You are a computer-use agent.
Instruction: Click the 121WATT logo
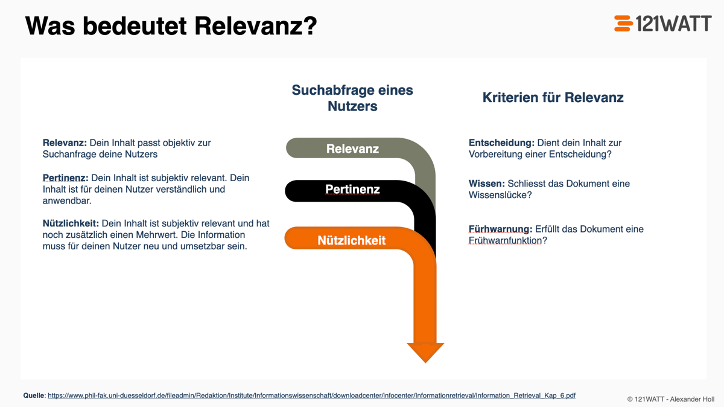point(662,23)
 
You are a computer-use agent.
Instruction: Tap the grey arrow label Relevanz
point(352,149)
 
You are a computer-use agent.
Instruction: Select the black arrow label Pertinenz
point(352,190)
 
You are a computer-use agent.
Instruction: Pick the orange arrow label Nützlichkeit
point(351,240)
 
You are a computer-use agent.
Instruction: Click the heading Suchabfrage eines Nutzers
point(352,98)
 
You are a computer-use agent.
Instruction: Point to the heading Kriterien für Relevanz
point(553,97)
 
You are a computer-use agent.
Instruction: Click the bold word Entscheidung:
point(501,143)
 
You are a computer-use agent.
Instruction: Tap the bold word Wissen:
point(486,184)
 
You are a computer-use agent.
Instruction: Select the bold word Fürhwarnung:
point(500,229)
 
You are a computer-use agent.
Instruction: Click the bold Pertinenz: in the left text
point(65,178)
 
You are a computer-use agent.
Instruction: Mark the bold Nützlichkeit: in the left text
point(71,223)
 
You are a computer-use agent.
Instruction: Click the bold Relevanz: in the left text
point(65,143)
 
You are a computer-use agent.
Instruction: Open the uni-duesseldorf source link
point(311,396)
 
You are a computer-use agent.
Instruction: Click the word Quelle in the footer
point(33,396)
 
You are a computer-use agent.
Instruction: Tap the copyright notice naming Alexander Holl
point(670,399)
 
